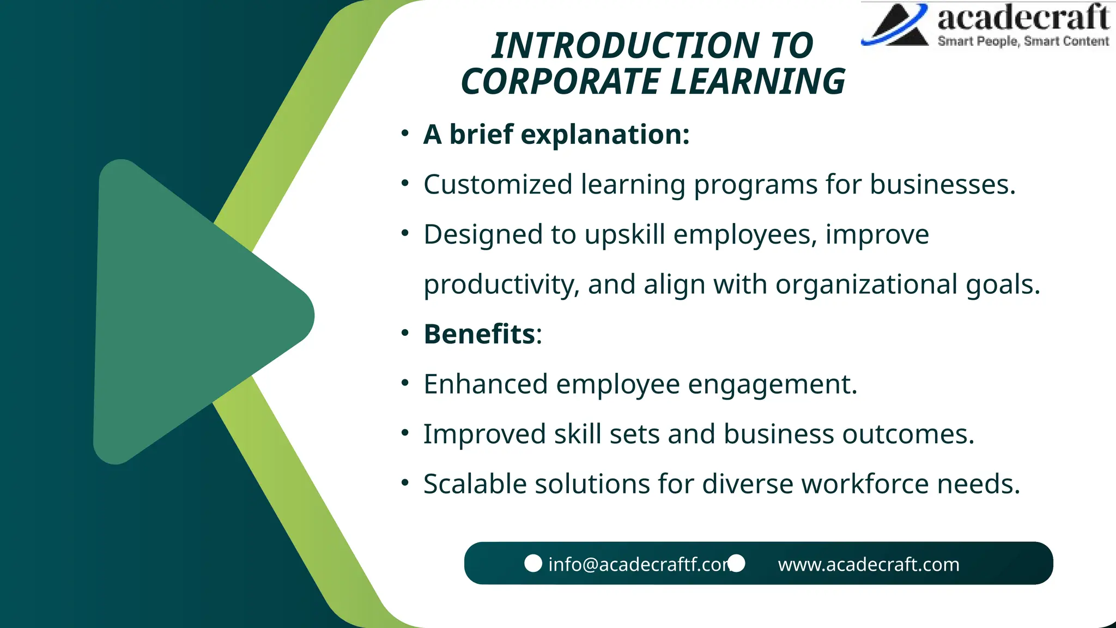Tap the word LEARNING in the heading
coord(757,82)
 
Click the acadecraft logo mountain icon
coord(896,25)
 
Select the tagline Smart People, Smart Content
coord(1023,41)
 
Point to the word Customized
coord(498,184)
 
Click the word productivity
coord(501,285)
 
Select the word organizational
coord(866,285)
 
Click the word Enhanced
coord(486,384)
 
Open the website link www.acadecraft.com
coord(868,564)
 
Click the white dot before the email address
coord(533,563)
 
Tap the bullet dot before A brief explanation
coord(404,134)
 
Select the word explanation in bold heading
coord(605,135)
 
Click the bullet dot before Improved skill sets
coord(404,434)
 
